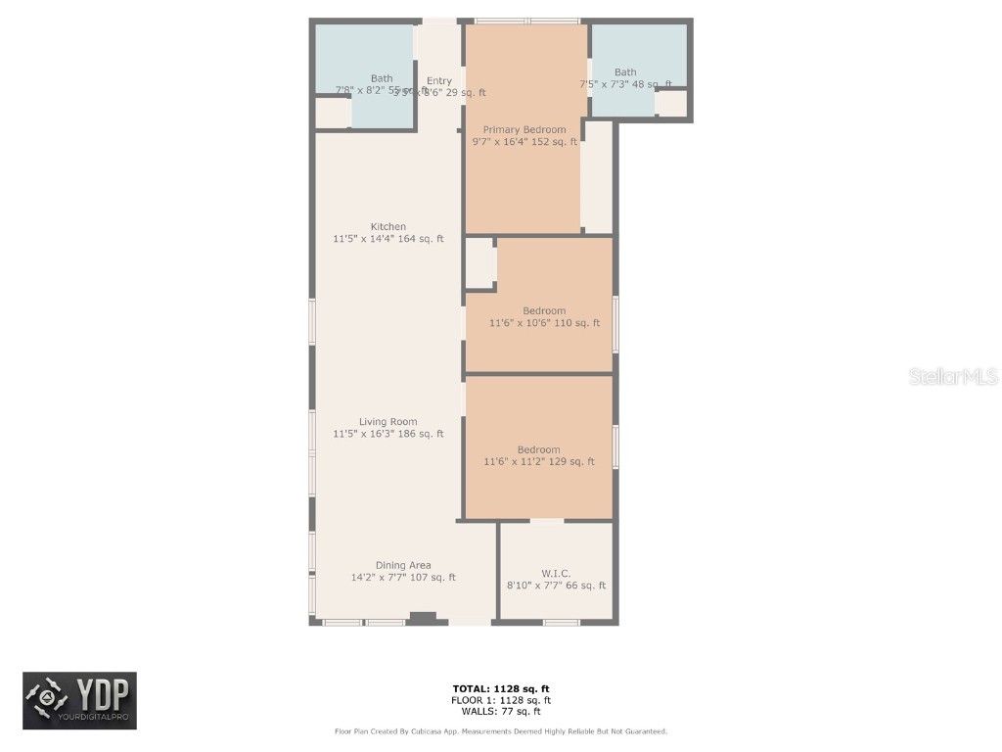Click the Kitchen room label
pyautogui.click(x=387, y=226)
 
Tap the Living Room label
pyautogui.click(x=387, y=422)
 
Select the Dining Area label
pyautogui.click(x=403, y=565)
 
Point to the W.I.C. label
pyautogui.click(x=556, y=573)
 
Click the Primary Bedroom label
pyautogui.click(x=524, y=129)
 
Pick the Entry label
pyautogui.click(x=439, y=80)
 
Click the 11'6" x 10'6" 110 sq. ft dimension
pyautogui.click(x=544, y=323)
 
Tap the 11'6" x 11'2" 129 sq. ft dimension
pyautogui.click(x=538, y=462)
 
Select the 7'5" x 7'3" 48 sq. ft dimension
pyautogui.click(x=625, y=84)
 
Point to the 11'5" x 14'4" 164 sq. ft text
pyautogui.click(x=387, y=239)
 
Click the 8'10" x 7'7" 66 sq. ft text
pyautogui.click(x=556, y=586)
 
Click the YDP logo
pyautogui.click(x=80, y=700)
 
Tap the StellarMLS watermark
pyautogui.click(x=952, y=377)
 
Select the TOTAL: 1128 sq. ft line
pyautogui.click(x=500, y=688)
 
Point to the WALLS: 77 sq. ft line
pyautogui.click(x=500, y=712)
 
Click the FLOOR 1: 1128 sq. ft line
pyautogui.click(x=500, y=700)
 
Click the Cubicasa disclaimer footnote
pyautogui.click(x=500, y=731)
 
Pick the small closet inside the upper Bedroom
pyautogui.click(x=479, y=262)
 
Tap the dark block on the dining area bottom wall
pyautogui.click(x=423, y=617)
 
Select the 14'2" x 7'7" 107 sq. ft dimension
pyautogui.click(x=403, y=578)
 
